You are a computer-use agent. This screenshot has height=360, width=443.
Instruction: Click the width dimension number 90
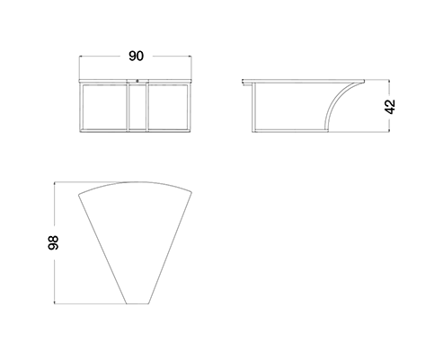(136, 56)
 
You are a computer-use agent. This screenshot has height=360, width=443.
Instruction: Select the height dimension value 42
(390, 107)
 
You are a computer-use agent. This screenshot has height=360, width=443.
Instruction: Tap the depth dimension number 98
(53, 242)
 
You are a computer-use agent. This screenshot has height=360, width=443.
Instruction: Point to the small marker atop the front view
(137, 80)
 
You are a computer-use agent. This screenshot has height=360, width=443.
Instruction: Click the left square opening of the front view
(104, 107)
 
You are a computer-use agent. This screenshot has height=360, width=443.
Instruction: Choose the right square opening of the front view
(168, 107)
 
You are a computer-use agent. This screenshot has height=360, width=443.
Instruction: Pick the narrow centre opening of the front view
(137, 107)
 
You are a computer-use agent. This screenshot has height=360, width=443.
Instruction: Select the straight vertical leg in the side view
(254, 107)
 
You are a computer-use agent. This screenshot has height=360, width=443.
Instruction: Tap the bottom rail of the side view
(290, 130)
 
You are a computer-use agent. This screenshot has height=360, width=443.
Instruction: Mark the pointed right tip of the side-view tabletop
(364, 81)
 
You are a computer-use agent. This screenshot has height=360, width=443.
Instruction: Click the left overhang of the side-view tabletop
(247, 82)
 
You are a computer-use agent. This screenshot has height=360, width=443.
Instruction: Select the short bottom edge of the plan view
(137, 303)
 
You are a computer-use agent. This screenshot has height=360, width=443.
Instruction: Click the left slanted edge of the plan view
(102, 250)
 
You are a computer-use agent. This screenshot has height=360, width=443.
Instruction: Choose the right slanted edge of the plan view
(170, 248)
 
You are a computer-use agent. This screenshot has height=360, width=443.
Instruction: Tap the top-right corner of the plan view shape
(191, 192)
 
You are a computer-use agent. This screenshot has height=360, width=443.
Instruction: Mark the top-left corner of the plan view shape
(79, 195)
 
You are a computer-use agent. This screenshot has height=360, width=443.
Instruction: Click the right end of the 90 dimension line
(191, 56)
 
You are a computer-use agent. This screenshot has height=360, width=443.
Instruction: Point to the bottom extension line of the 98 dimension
(90, 304)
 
